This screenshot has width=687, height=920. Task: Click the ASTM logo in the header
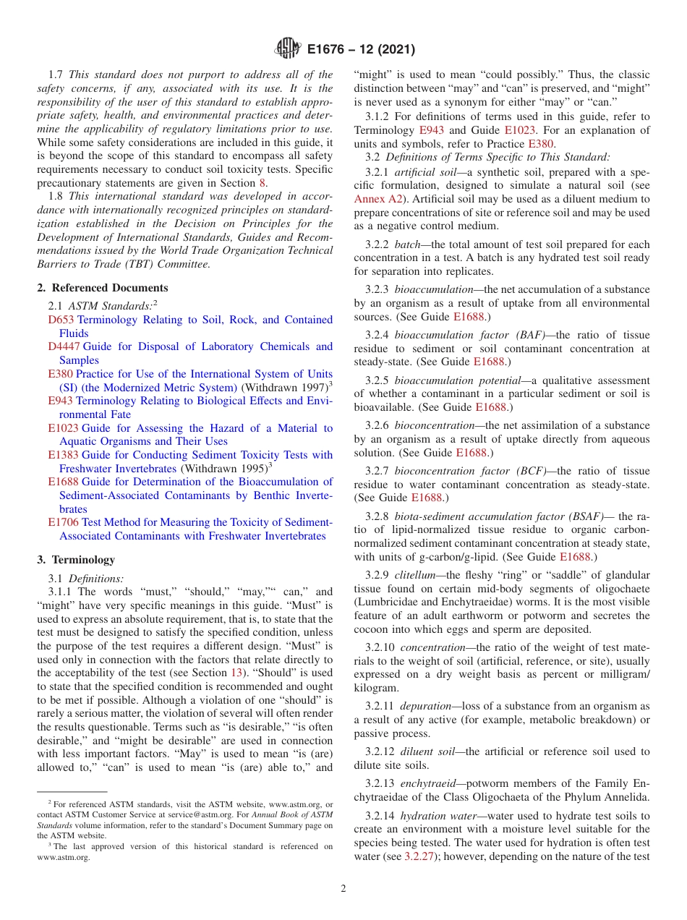[x=288, y=49]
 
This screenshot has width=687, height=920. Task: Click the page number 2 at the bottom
[x=343, y=889]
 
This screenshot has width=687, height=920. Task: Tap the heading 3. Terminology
[x=75, y=560]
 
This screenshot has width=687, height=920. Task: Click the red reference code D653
[x=61, y=320]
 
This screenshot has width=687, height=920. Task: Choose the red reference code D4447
[x=64, y=346]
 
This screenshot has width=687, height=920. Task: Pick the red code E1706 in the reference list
[x=63, y=522]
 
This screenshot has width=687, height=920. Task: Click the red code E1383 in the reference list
[x=63, y=455]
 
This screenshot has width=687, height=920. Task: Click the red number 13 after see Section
[x=236, y=673]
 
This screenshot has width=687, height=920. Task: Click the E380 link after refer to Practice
[x=540, y=143]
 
